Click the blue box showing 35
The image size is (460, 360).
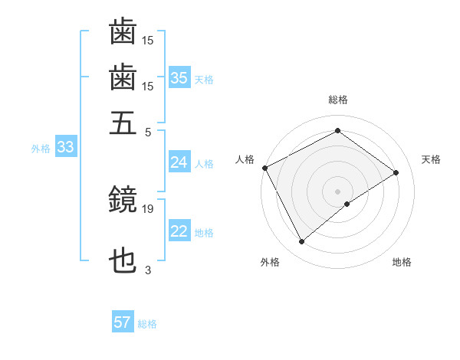click(x=179, y=77)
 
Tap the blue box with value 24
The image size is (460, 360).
click(x=179, y=162)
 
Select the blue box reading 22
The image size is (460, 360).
click(x=179, y=232)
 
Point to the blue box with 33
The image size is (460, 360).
click(x=65, y=148)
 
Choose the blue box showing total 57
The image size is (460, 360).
click(x=123, y=322)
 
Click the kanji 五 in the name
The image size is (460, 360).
click(x=123, y=122)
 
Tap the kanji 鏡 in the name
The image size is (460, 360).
click(x=123, y=201)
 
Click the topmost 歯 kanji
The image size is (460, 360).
click(x=123, y=33)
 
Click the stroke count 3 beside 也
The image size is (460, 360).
click(x=148, y=269)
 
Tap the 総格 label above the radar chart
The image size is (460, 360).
click(x=337, y=100)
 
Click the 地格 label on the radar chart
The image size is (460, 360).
click(x=402, y=263)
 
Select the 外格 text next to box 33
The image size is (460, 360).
click(x=40, y=149)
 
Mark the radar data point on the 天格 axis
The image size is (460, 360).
click(x=396, y=172)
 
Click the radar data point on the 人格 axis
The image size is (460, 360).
click(x=264, y=168)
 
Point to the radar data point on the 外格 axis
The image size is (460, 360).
click(x=301, y=242)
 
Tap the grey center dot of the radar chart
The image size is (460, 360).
click(x=337, y=191)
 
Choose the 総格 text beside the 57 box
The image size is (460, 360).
click(x=147, y=324)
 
